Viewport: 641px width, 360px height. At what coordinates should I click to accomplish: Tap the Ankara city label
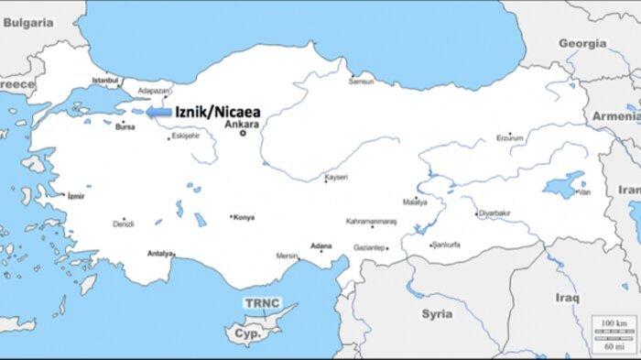coord(243,124)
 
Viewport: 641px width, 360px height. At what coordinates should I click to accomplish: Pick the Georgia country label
coord(582,43)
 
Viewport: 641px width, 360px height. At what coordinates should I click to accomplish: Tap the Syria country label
coord(437,313)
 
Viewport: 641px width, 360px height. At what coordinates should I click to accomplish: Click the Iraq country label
coord(568,298)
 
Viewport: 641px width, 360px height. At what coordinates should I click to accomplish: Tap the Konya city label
coord(244,218)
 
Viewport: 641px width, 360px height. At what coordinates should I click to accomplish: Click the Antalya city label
coord(159,253)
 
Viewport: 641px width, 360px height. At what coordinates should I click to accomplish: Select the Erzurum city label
coord(510,137)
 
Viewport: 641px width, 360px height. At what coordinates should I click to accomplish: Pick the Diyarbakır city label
coord(495,213)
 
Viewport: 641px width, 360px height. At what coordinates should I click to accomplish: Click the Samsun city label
coord(361,82)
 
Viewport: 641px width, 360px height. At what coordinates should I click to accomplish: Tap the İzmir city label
coord(76,196)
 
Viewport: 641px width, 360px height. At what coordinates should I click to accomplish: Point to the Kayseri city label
coord(336,177)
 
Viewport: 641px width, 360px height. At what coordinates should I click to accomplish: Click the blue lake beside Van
coord(562,183)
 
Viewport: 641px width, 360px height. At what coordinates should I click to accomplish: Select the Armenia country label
coord(614,116)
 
